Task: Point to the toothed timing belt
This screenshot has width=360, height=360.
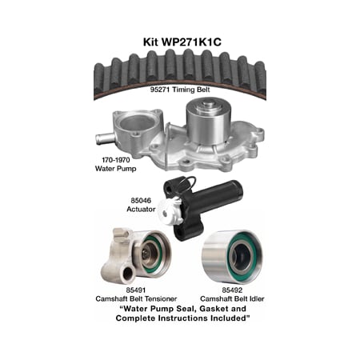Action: coord(180,66)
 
